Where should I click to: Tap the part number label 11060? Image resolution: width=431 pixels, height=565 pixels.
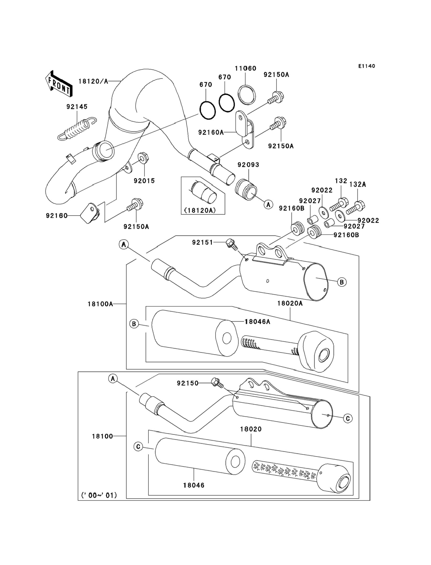[x=245, y=68]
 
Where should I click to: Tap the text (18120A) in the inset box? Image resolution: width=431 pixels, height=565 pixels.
[x=200, y=210]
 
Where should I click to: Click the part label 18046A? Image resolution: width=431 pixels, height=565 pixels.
[x=257, y=321]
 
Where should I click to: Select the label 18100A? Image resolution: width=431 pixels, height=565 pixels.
[x=100, y=304]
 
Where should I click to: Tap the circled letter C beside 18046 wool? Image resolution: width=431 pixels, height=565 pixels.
[x=138, y=447]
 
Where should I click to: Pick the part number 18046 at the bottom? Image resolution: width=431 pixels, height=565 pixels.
[x=194, y=485]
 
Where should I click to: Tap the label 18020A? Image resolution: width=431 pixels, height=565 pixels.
[x=290, y=304]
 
